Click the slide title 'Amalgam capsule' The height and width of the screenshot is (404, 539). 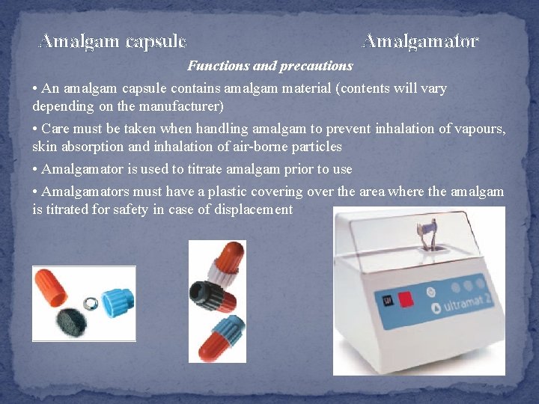click(112, 41)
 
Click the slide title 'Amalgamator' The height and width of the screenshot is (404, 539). click(420, 41)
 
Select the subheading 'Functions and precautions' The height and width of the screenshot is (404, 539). click(269, 66)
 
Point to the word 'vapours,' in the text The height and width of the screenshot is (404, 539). click(479, 129)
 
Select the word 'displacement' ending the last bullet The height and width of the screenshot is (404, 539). click(255, 209)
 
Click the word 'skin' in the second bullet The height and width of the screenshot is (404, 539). click(44, 146)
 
